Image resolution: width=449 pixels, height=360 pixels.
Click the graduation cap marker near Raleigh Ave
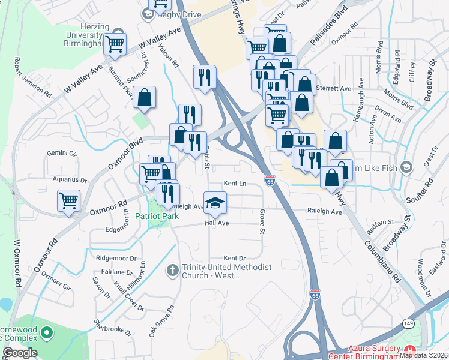tap(215, 202)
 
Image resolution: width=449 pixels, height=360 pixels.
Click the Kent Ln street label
tap(235, 184)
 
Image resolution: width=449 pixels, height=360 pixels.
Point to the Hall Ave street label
tap(217, 223)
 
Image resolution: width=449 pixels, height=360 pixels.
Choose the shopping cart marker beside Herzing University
tap(115, 43)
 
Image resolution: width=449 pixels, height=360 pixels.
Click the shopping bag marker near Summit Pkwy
tap(145, 97)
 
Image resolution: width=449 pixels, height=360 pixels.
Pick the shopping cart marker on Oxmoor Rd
tap(69, 200)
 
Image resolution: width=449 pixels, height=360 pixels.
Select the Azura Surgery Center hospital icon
tap(411, 349)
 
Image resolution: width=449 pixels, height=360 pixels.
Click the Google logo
tap(20, 352)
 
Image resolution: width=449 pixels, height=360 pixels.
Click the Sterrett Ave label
tap(337, 88)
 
